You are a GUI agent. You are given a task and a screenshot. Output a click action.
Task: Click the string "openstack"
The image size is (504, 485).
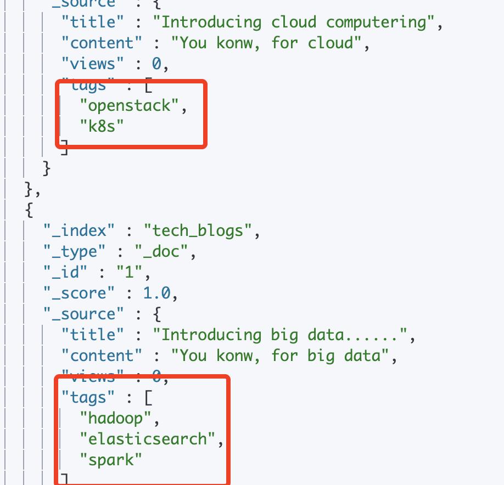coord(130,105)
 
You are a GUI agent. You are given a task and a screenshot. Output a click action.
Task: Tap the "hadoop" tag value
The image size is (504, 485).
coord(116,419)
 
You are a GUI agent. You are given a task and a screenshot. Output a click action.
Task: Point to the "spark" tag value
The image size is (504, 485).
coord(111,460)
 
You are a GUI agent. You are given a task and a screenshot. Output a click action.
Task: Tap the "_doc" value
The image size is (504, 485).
coord(162,251)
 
